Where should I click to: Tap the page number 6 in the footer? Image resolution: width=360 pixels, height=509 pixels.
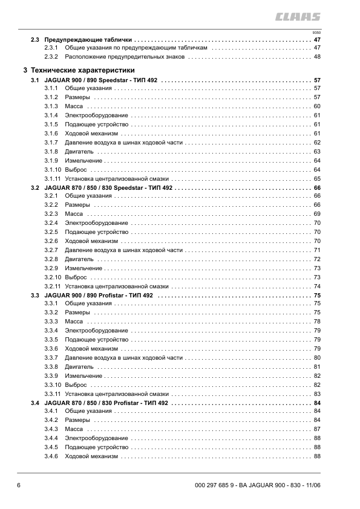[x=19, y=485]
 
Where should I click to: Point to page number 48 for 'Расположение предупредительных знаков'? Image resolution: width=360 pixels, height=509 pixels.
[x=316, y=57]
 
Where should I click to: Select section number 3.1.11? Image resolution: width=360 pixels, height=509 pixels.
[x=53, y=179]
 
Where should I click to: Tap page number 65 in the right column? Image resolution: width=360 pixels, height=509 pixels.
[x=316, y=179]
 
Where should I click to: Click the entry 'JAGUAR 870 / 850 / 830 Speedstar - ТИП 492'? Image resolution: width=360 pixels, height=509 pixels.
[x=110, y=188]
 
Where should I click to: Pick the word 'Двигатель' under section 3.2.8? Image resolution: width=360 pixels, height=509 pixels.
[x=79, y=259]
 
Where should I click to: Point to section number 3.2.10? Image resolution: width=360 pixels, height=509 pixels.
[x=53, y=277]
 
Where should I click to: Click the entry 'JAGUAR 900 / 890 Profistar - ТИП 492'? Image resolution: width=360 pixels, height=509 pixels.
[x=99, y=295]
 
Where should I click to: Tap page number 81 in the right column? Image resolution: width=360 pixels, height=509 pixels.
[x=316, y=367]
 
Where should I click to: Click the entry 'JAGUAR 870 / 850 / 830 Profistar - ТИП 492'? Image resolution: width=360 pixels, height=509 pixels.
[x=107, y=403]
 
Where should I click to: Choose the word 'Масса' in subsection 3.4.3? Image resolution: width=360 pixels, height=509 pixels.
[x=74, y=429]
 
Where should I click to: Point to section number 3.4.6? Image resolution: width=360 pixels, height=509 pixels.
[x=51, y=456]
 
